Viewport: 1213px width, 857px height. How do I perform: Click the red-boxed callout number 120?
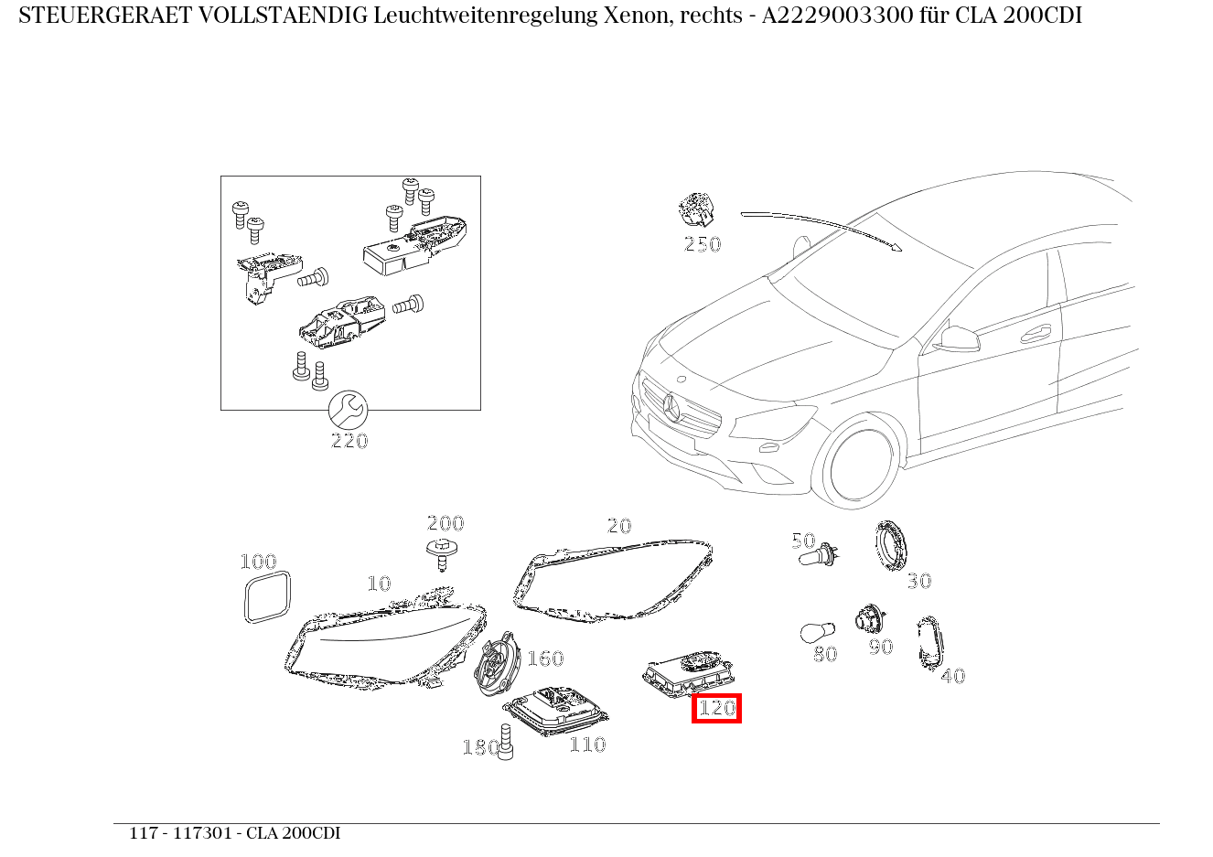point(716,708)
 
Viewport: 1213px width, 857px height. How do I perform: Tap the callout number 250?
point(702,244)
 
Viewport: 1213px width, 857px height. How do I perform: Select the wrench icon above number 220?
point(348,409)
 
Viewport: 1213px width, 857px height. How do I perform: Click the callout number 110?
point(587,745)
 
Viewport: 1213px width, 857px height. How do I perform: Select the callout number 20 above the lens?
point(619,526)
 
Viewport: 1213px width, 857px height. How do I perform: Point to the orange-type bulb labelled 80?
point(816,633)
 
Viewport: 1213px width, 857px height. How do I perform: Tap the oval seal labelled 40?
point(930,642)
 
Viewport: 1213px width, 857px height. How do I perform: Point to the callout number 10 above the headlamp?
point(379,584)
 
